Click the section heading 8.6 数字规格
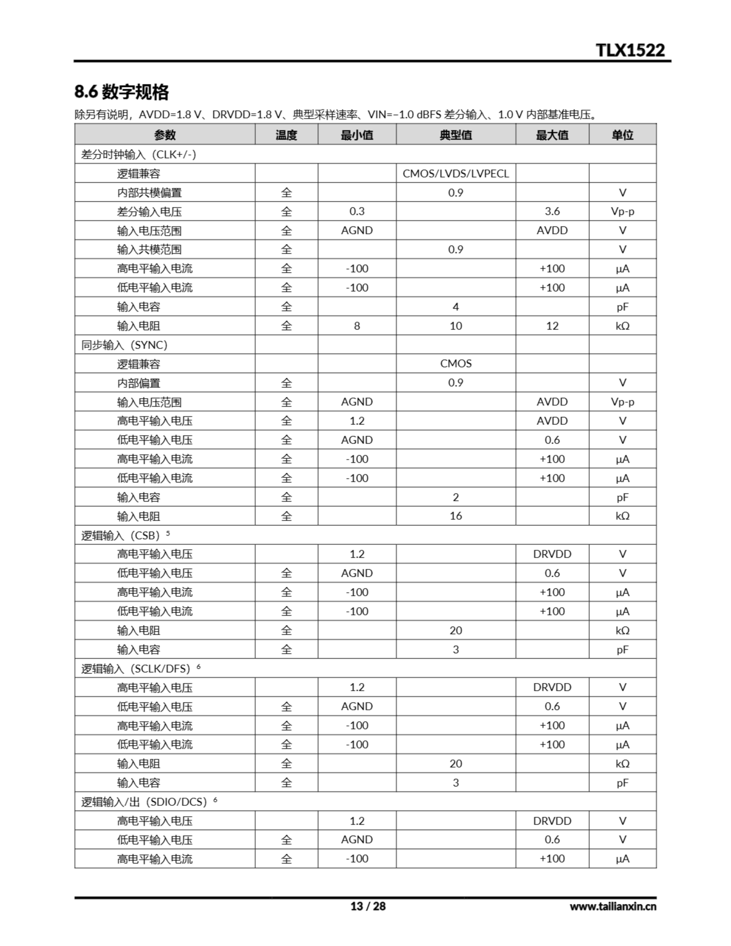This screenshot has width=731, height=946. tap(121, 92)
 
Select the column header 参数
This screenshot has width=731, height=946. tap(165, 135)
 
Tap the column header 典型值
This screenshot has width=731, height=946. tap(455, 135)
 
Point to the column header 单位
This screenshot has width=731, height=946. tap(622, 135)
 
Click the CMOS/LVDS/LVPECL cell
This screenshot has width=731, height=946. tap(455, 173)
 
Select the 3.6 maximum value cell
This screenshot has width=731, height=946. tap(552, 211)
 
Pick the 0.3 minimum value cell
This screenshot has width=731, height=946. tap(357, 211)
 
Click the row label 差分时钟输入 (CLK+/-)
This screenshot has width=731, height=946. tap(139, 154)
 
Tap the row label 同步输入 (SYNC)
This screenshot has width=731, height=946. tap(125, 345)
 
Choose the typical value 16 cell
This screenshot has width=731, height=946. tap(455, 516)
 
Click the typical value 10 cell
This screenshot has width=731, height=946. tap(455, 326)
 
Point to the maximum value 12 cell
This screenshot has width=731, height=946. tap(552, 326)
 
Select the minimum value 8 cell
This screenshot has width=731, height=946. tap(357, 326)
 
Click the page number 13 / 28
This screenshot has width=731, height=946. tap(368, 906)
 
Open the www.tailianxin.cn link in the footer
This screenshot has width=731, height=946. tap(613, 906)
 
